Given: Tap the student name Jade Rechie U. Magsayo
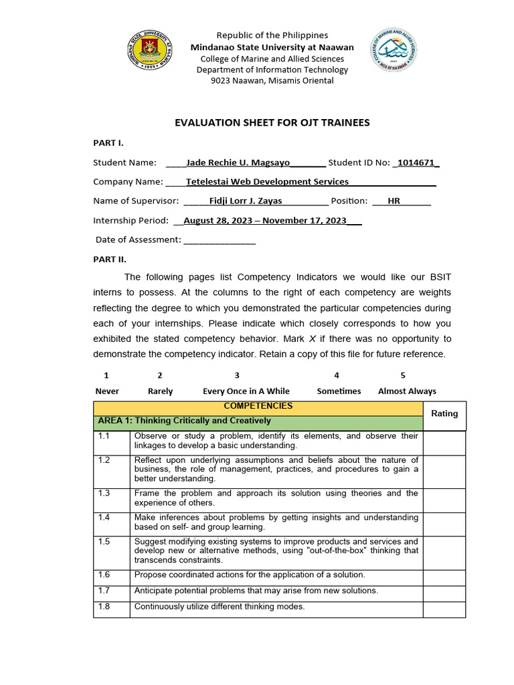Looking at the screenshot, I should click(x=238, y=163).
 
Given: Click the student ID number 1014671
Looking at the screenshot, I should click(x=417, y=163).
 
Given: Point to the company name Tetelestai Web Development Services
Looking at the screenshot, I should click(x=267, y=182).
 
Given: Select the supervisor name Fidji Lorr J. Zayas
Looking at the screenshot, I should click(x=246, y=201).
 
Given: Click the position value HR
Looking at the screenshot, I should click(x=394, y=201).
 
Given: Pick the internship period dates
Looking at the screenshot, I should click(x=265, y=220).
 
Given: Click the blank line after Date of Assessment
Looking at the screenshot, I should click(x=219, y=239).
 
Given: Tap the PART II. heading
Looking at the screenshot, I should click(x=109, y=259).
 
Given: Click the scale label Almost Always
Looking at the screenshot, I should click(x=407, y=391).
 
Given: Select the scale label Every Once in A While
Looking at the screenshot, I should click(x=246, y=391).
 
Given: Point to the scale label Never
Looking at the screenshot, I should click(x=107, y=391).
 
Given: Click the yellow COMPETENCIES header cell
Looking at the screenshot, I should click(x=258, y=407).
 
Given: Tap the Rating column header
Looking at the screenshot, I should click(x=444, y=414).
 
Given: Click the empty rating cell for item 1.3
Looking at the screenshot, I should click(x=444, y=498).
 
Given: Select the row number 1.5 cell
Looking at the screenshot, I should click(x=112, y=551).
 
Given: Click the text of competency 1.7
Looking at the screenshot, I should click(x=256, y=591).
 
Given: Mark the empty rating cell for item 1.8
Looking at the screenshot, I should click(x=444, y=609).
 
